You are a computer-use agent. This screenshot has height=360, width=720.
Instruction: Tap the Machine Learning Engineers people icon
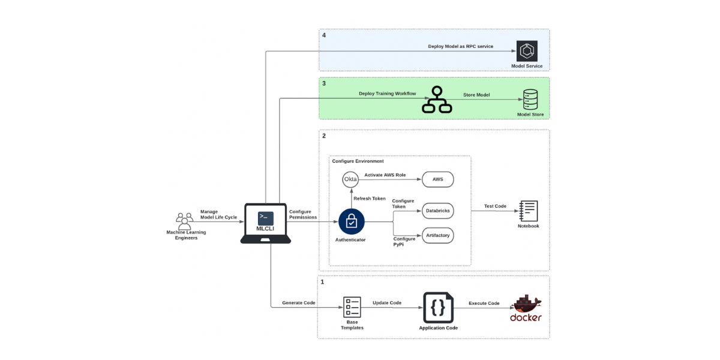pos(185,220)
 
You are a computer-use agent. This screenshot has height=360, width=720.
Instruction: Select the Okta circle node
pos(350,179)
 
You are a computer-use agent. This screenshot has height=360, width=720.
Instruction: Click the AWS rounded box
pos(438,179)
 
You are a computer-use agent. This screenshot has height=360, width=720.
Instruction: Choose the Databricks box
pos(438,211)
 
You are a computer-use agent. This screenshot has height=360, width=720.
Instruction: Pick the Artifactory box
pos(438,235)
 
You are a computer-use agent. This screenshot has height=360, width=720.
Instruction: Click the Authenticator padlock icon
pos(351,222)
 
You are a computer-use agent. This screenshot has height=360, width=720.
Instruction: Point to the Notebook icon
pos(529,211)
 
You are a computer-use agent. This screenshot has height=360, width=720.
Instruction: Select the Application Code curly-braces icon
pos(438,308)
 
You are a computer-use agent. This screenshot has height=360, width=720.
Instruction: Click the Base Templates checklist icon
pos(352,307)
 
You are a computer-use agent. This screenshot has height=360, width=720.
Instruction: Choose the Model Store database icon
pos(530,100)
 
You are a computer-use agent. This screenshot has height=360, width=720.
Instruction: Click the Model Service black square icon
pos(526,51)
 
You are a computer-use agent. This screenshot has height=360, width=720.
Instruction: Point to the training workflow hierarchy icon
pos(436,100)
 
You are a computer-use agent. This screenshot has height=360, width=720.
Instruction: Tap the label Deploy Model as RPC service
pos(460,46)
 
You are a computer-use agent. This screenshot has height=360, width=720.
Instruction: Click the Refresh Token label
pos(369,199)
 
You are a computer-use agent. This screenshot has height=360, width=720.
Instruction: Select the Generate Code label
pos(298,303)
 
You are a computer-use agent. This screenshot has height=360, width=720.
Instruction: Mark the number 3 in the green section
pos(324,83)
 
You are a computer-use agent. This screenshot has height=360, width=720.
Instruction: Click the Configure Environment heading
pos(358,161)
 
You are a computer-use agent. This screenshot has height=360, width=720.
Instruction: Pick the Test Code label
pos(496,206)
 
